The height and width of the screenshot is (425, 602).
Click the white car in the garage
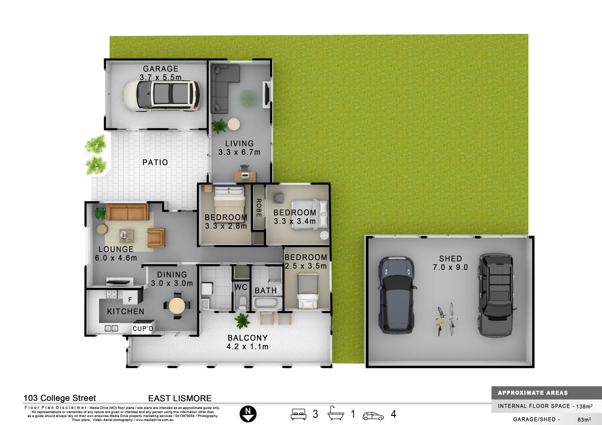[x=162, y=96]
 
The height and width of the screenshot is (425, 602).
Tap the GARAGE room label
[x=160, y=69]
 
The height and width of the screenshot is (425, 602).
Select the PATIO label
[x=155, y=162]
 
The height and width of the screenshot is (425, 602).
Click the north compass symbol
[x=248, y=414]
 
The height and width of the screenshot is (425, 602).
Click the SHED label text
[x=450, y=259]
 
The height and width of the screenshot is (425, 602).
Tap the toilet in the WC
[x=242, y=303]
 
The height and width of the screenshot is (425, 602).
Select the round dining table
[x=177, y=305]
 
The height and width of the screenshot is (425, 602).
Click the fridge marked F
[x=130, y=300]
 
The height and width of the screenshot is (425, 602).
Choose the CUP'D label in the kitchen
[x=143, y=329]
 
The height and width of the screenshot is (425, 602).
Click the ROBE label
[x=259, y=208]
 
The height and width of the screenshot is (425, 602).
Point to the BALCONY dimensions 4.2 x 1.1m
[x=247, y=347]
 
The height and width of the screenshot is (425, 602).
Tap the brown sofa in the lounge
[x=127, y=212]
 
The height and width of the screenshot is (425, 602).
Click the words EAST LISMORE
[x=180, y=398]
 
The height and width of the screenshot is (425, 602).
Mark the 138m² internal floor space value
[x=584, y=407]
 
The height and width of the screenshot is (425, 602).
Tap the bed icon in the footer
[x=299, y=414]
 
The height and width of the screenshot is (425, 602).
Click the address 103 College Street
[x=60, y=398]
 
